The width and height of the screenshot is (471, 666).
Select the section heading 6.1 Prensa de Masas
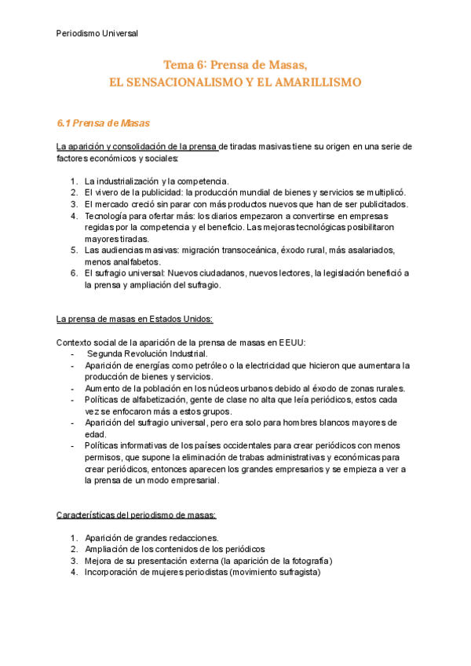coord(104,123)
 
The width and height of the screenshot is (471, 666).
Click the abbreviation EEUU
coord(290,342)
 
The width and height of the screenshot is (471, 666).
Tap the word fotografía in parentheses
coord(306,561)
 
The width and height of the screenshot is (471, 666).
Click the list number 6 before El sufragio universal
coord(73,273)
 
